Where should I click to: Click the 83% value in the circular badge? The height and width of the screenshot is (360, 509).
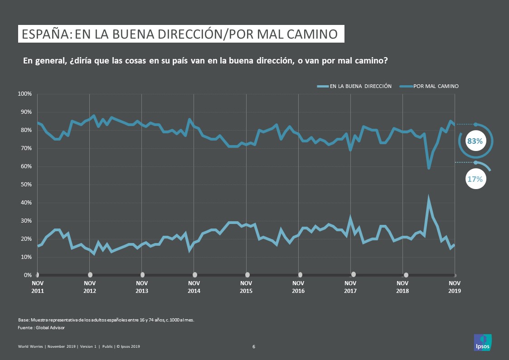pyautogui.click(x=475, y=141)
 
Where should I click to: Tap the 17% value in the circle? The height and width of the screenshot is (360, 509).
pyautogui.click(x=475, y=179)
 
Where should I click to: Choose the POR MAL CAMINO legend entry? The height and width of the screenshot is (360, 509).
pyautogui.click(x=436, y=86)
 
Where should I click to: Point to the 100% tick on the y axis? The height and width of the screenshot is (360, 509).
pyautogui.click(x=24, y=94)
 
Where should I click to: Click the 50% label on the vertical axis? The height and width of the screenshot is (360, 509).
pyautogui.click(x=25, y=185)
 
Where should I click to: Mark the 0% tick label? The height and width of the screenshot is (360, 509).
pyautogui.click(x=27, y=275)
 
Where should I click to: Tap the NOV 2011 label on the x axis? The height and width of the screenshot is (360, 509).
pyautogui.click(x=37, y=287)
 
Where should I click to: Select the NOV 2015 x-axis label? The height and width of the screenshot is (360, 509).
pyautogui.click(x=246, y=287)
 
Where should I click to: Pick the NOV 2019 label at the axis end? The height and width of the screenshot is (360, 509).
pyautogui.click(x=455, y=287)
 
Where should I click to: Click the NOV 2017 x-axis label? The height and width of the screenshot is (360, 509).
pyautogui.click(x=350, y=287)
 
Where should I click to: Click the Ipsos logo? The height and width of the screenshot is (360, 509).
pyautogui.click(x=482, y=342)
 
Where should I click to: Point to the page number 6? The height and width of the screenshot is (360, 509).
pyautogui.click(x=254, y=347)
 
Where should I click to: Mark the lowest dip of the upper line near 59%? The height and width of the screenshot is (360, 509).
pyautogui.click(x=429, y=168)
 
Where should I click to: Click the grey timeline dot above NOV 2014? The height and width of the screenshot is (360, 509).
pyautogui.click(x=195, y=275)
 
